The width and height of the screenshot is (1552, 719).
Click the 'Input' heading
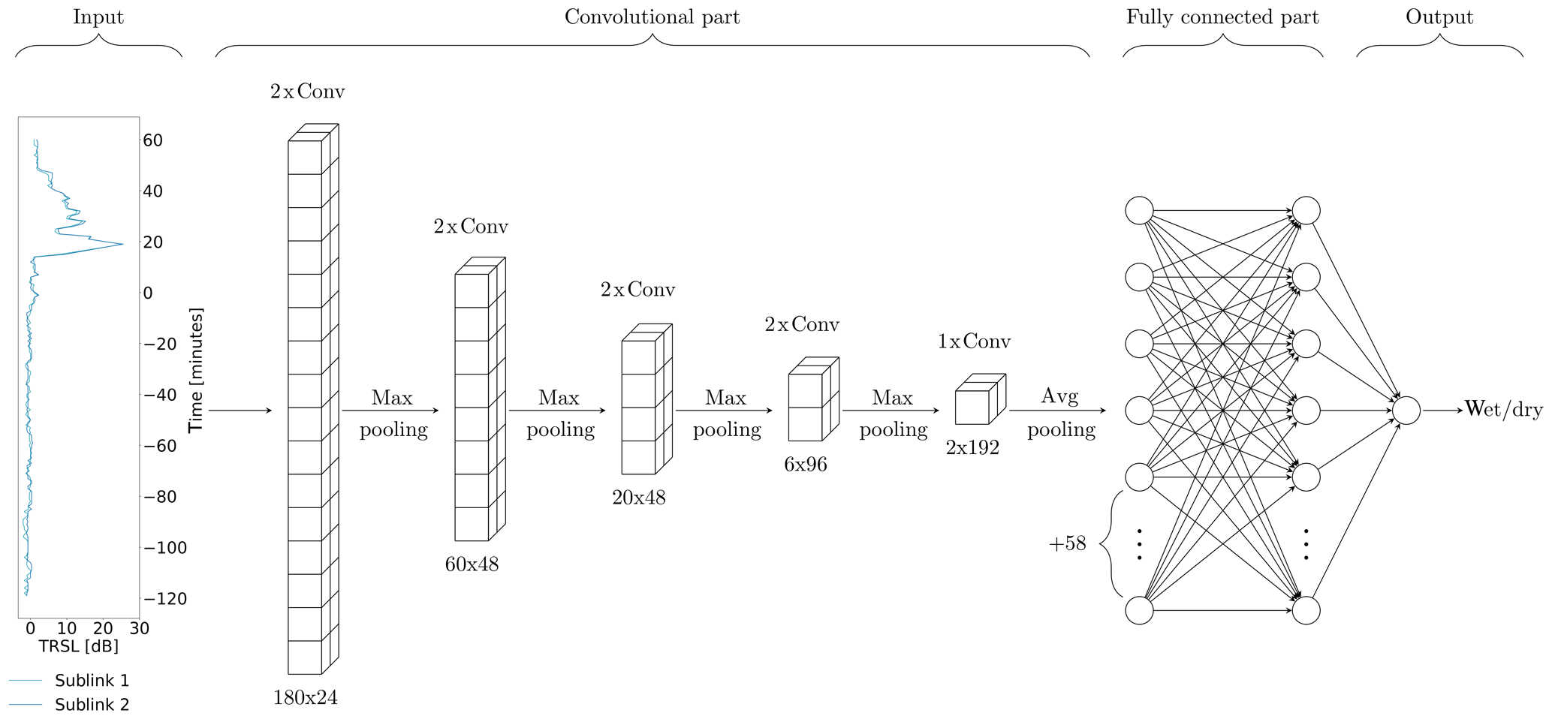pos(98,17)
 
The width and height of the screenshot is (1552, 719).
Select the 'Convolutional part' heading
pos(652,17)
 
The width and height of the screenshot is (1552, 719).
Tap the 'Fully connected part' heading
pos(1222,17)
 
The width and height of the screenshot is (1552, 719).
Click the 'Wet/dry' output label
pos(1503,410)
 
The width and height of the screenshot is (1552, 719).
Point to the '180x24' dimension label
pos(305,698)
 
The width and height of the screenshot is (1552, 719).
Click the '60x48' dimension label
pos(472,564)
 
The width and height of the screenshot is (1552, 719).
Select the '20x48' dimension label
pos(638,498)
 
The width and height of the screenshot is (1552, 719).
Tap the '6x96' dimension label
pos(805,465)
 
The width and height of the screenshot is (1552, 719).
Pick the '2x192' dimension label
pos(972,448)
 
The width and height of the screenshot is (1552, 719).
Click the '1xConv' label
pos(974,341)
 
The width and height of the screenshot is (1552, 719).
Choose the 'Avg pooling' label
pos(1060,412)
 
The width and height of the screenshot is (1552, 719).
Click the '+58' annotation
pos(1067,543)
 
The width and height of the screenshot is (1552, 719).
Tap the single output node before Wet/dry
pos(1406,411)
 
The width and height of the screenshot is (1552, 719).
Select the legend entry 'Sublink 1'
pos(92,681)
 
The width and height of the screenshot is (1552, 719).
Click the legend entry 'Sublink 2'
pos(92,705)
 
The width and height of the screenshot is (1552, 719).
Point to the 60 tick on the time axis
pos(152,140)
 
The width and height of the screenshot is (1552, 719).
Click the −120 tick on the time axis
pos(164,599)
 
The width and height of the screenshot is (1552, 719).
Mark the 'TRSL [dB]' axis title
pos(78,646)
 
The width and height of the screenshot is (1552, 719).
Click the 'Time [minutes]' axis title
pos(196,370)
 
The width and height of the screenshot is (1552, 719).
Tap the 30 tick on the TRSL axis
pos(140,628)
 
